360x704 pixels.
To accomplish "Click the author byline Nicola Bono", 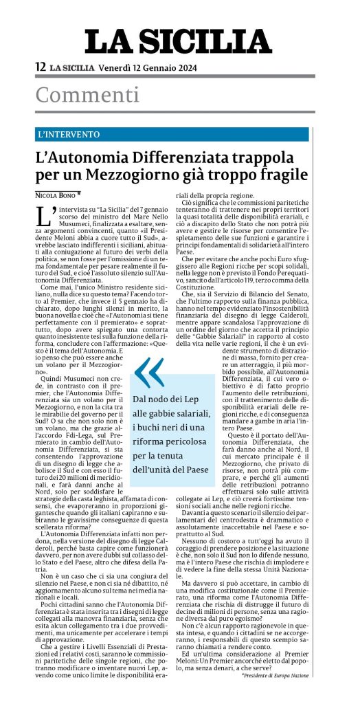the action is click(56, 195).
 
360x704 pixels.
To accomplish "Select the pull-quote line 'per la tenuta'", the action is click(159, 454).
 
